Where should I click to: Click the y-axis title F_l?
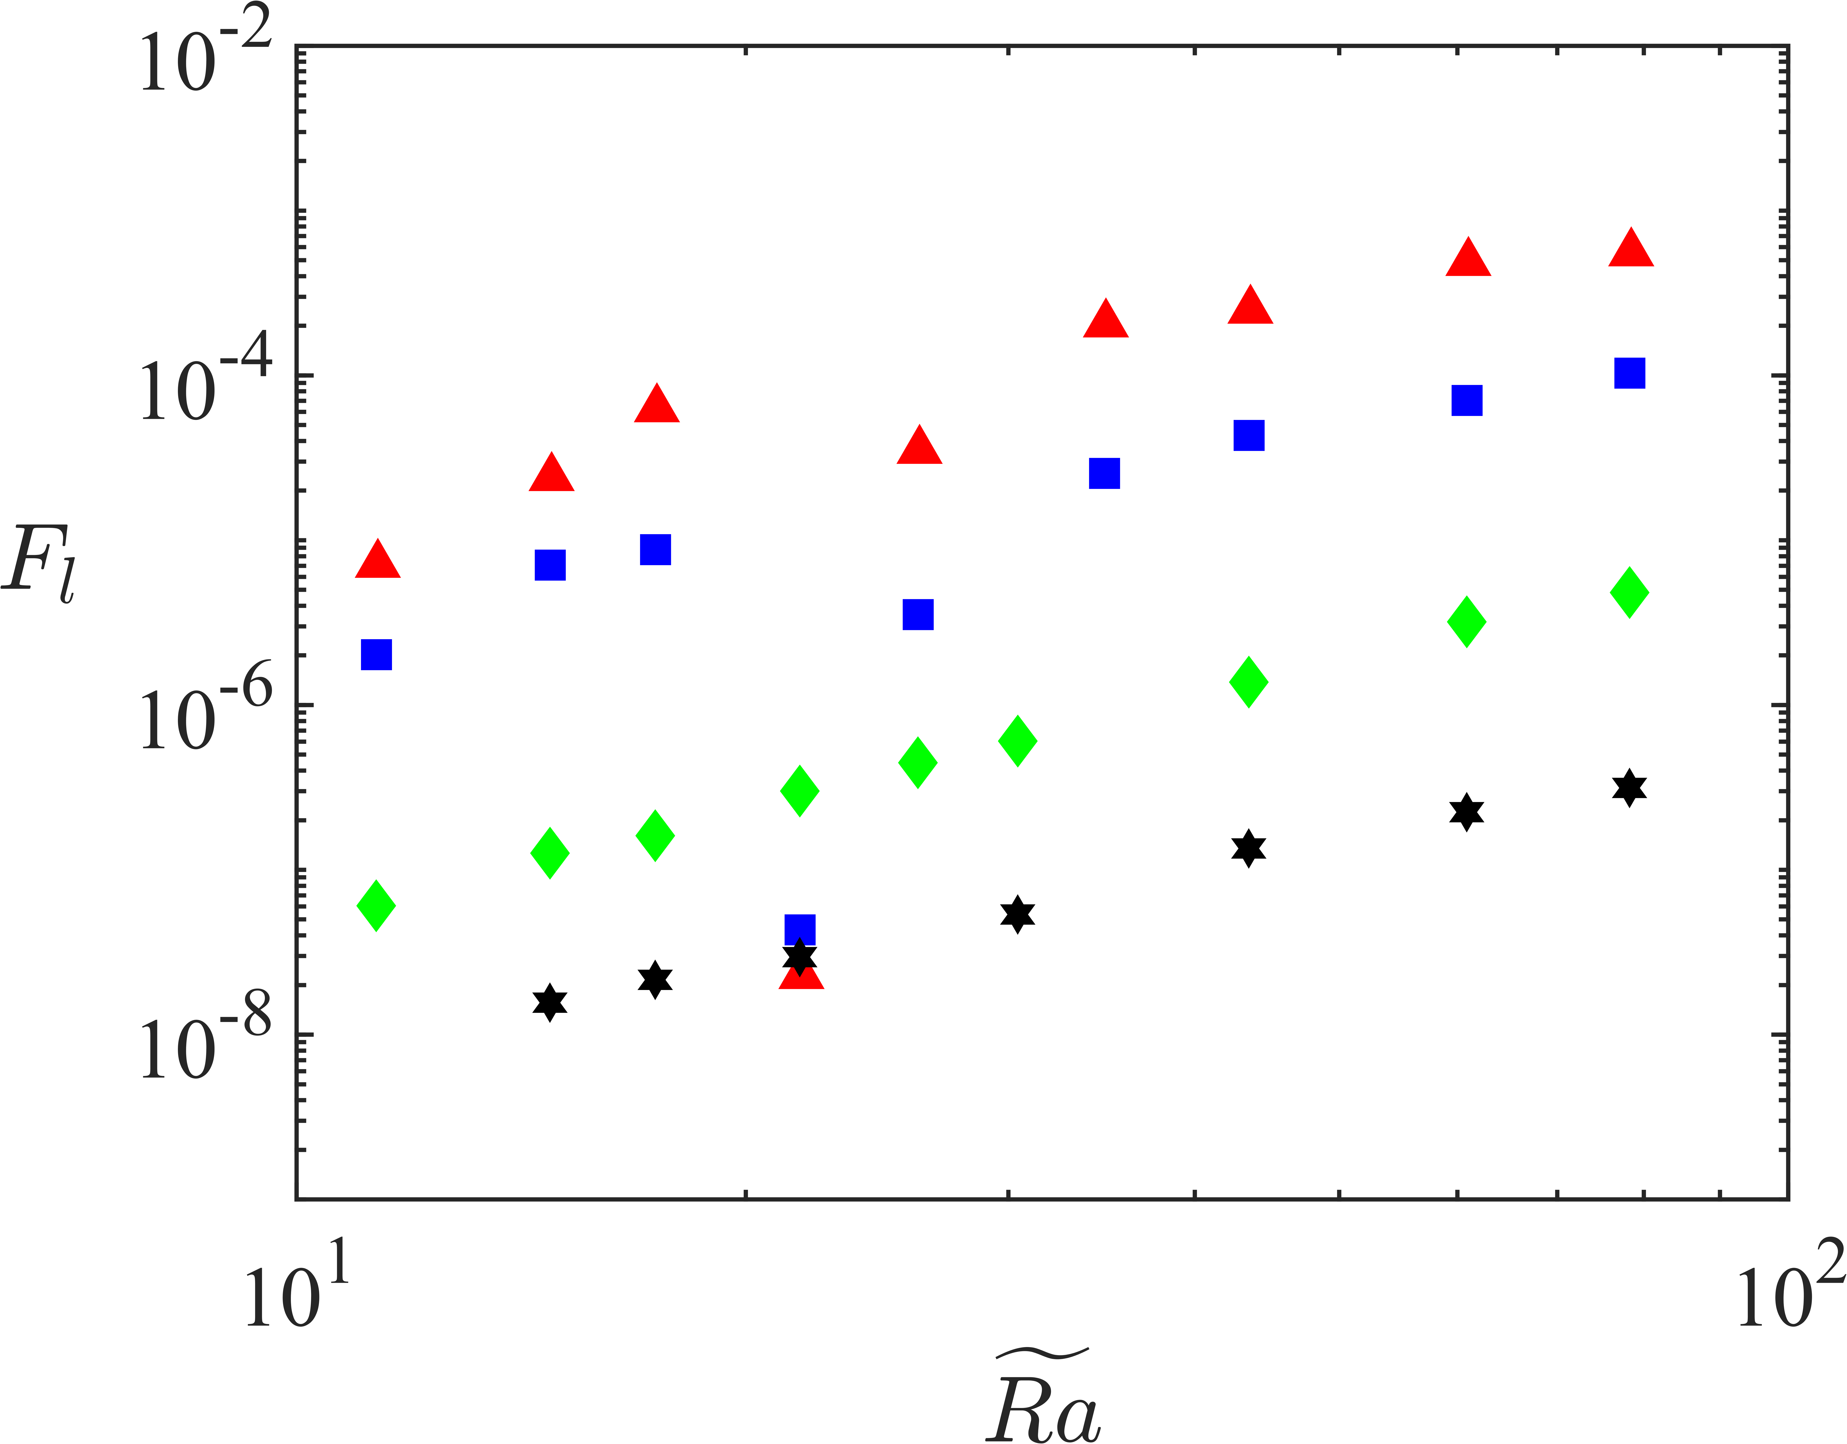40,563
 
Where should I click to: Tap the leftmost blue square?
376,654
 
